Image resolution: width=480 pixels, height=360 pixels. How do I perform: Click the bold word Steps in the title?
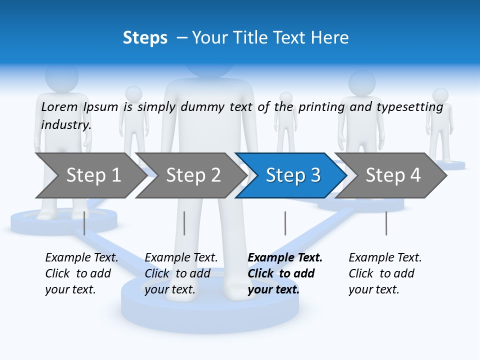(145, 38)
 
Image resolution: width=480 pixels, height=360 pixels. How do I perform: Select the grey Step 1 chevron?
(90, 175)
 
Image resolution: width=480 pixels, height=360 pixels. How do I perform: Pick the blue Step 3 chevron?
(291, 175)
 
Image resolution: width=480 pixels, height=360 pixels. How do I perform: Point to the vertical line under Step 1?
(84, 223)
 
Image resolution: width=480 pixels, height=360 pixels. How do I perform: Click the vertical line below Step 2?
(184, 223)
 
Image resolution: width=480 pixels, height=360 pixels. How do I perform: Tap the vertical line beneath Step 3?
(285, 223)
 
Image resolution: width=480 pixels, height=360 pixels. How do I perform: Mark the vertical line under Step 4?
(386, 223)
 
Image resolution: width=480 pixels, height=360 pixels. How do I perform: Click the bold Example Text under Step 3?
(285, 258)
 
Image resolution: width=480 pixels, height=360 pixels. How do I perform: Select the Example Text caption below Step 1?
(81, 258)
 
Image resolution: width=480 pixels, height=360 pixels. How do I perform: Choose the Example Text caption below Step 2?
(181, 258)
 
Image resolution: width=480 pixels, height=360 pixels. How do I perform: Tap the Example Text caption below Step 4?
(385, 258)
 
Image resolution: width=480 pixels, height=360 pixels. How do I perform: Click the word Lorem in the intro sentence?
(59, 106)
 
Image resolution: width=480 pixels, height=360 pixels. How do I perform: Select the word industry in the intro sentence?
(66, 125)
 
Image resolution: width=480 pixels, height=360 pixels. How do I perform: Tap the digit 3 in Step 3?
(315, 175)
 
